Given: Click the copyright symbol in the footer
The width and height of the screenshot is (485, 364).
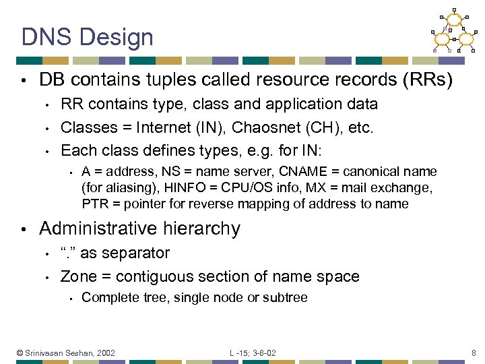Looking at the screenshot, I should [x=20, y=353].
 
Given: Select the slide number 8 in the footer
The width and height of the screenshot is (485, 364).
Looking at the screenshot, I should [x=474, y=353].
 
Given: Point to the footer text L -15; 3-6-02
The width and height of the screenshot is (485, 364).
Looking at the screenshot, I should [x=253, y=353].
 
